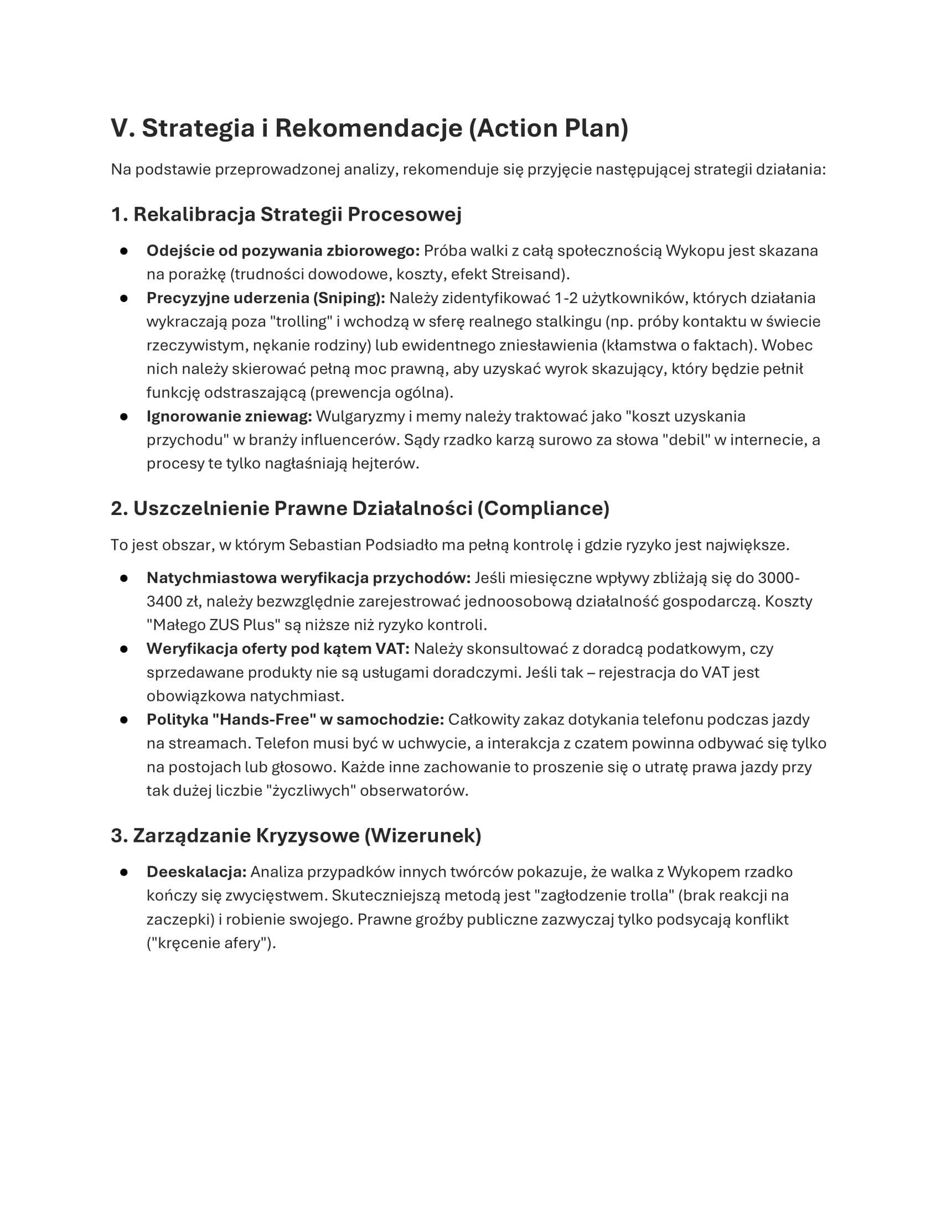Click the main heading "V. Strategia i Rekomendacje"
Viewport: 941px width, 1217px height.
(369, 128)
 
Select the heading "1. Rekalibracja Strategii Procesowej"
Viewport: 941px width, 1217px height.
(286, 215)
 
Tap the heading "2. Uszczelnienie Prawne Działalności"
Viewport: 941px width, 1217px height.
(360, 508)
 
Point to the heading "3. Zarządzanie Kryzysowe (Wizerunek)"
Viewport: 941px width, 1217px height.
(296, 836)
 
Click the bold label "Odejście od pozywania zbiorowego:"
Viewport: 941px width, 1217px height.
(283, 251)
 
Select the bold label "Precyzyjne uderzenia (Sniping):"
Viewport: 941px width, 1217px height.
(265, 298)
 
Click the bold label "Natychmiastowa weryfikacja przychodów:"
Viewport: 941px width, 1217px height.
(308, 578)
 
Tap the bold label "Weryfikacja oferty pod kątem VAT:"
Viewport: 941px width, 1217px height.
(278, 649)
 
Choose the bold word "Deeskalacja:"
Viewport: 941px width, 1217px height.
(197, 872)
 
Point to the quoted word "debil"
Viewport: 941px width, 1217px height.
(686, 440)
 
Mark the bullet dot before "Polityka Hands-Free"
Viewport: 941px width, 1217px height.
(124, 720)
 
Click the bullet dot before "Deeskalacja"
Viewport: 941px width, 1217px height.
(124, 872)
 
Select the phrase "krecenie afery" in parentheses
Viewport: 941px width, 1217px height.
(211, 943)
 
